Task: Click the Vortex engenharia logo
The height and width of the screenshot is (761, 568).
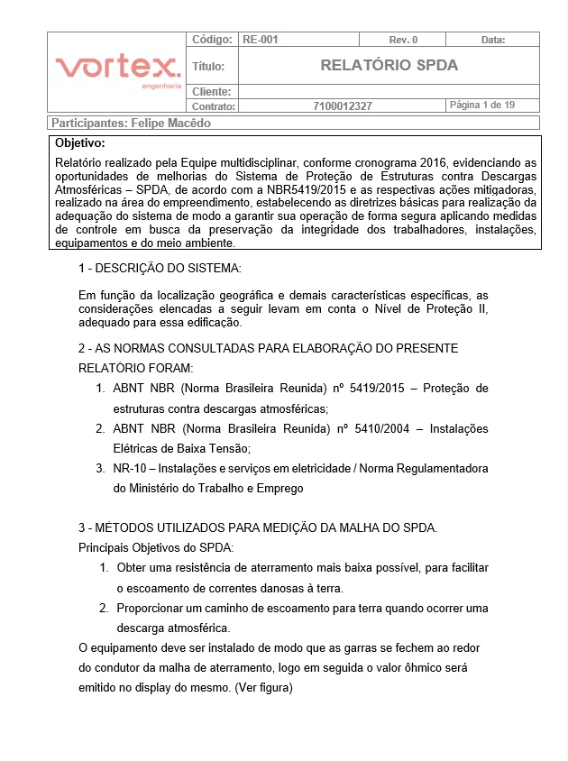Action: point(117,69)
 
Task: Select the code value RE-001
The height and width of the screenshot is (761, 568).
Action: point(260,40)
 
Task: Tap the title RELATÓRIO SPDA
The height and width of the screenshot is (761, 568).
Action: point(389,65)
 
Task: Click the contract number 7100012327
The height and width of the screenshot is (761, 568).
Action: point(343,105)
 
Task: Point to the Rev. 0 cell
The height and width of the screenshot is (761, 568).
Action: point(403,40)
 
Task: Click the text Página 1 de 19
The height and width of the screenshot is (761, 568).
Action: point(481,105)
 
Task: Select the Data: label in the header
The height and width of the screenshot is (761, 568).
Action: point(493,40)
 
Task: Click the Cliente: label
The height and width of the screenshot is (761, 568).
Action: point(212,91)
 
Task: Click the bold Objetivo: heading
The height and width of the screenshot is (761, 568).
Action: point(79,142)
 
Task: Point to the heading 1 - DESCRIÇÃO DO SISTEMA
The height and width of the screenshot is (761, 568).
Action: point(160,269)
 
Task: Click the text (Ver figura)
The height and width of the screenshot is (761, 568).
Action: point(263,687)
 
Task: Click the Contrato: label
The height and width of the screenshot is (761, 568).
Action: point(214,105)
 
